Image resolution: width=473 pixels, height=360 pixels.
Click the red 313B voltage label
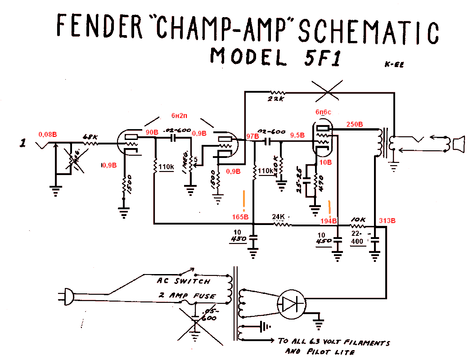click(x=387, y=220)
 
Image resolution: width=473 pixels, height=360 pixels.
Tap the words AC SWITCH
click(x=183, y=281)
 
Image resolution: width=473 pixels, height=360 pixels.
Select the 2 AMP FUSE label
click(x=186, y=296)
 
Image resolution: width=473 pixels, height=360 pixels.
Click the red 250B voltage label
click(x=355, y=124)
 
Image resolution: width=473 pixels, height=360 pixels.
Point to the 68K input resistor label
click(x=90, y=136)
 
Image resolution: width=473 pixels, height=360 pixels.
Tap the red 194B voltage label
click(x=329, y=221)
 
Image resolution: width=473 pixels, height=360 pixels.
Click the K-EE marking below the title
click(x=394, y=64)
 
